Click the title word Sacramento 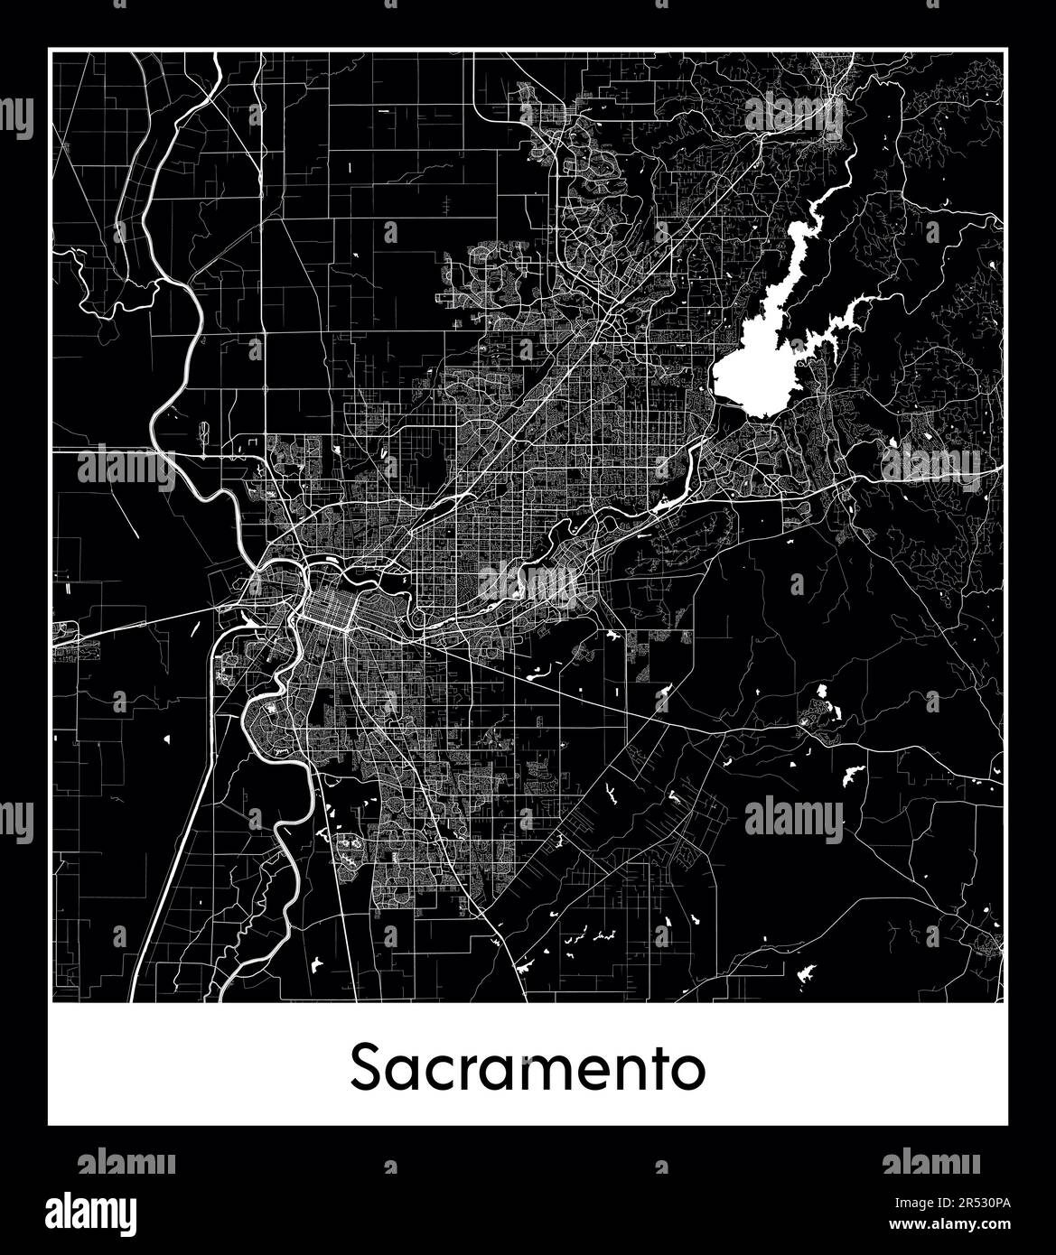tap(528, 1068)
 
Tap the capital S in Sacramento tap(366, 1068)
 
